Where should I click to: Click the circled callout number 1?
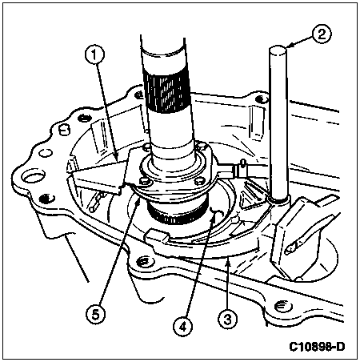click(x=94, y=55)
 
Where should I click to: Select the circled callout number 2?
click(x=322, y=34)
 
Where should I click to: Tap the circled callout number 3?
click(x=227, y=319)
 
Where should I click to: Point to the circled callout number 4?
click(x=183, y=327)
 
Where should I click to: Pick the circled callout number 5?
click(x=95, y=314)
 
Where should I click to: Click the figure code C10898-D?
click(x=317, y=347)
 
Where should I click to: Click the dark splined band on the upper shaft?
click(x=167, y=91)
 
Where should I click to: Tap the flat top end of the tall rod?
click(x=278, y=50)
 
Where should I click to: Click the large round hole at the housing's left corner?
click(x=33, y=178)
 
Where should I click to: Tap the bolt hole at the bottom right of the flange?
click(x=282, y=305)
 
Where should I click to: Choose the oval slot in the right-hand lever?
click(x=294, y=246)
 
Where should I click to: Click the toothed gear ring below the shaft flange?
click(x=176, y=214)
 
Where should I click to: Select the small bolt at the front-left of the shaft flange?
click(x=143, y=182)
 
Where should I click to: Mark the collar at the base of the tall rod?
click(x=278, y=199)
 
